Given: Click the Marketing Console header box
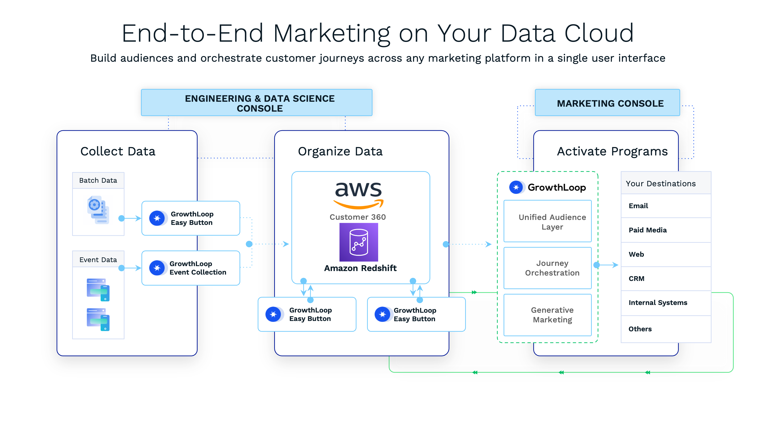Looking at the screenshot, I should coord(607,103).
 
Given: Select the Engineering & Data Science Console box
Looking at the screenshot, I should coord(257,103).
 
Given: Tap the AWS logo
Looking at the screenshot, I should coord(359,195).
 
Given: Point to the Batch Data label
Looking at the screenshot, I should coord(98,180).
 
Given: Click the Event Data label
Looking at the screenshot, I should coord(98,260).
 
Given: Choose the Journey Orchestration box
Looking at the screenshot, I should coord(548,268).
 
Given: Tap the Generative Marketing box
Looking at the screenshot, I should coord(548,315).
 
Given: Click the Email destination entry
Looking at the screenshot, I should coord(638,206).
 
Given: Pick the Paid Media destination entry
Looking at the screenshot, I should coord(648,230).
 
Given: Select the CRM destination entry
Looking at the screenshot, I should coord(636,278).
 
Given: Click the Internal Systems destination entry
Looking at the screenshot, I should coord(658,303).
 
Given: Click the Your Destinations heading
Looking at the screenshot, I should coord(661,183).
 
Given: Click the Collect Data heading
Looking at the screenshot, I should coord(118,151).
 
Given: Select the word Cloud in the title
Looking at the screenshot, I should coord(599,33).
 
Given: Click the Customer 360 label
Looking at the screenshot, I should coord(358,217).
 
